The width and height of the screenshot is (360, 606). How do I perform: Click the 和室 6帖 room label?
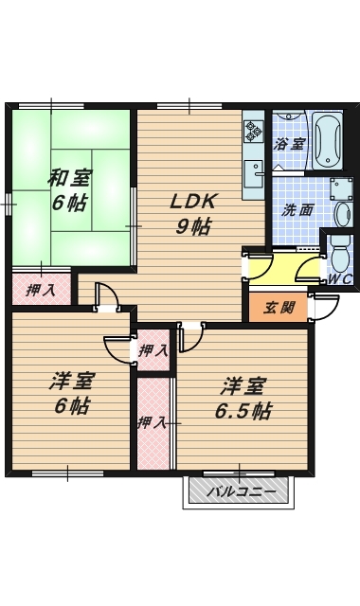pos(69,191)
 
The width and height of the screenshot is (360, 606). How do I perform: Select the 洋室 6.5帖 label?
pos(243,399)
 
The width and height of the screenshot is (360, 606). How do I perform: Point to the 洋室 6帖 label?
pos(72,393)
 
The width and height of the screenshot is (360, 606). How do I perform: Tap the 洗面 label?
pos(297,211)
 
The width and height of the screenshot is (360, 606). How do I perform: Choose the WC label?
pos(339,278)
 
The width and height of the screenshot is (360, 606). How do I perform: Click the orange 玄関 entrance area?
pos(279,308)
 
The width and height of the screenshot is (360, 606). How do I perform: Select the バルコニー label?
pos(241,492)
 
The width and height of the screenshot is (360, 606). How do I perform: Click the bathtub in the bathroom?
pos(327,141)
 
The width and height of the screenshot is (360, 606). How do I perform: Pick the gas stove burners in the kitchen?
pos(254,131)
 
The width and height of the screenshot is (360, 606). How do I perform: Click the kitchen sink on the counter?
pos(254,174)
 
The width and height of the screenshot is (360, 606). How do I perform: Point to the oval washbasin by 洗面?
pos(342,214)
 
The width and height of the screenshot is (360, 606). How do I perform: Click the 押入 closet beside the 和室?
pos(42,289)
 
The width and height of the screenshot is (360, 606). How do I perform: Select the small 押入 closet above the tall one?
pos(153,350)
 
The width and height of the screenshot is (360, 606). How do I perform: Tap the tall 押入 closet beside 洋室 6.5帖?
pos(153,423)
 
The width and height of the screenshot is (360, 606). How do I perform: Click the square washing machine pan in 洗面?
pos(342,188)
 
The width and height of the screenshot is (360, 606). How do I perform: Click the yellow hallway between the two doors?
pos(284,267)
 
